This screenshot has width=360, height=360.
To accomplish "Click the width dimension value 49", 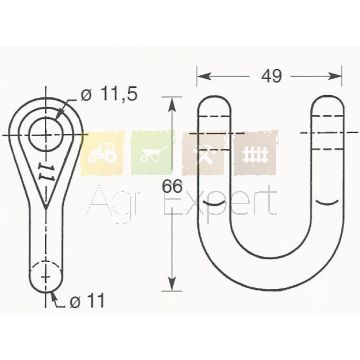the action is click(272, 76).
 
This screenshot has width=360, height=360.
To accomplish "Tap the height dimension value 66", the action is click(172, 187).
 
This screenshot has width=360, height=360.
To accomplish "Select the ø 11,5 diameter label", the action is click(109, 95).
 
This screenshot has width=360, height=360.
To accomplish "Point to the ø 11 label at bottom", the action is click(87, 301).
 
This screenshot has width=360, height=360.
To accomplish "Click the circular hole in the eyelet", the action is click(46, 134).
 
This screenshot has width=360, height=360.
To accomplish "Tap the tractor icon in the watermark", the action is click(102, 155).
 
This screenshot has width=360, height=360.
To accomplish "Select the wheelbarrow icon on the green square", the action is click(153, 155).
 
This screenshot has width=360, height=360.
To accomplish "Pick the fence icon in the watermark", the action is click(255, 155).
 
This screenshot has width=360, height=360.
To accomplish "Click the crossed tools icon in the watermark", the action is click(203, 154).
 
